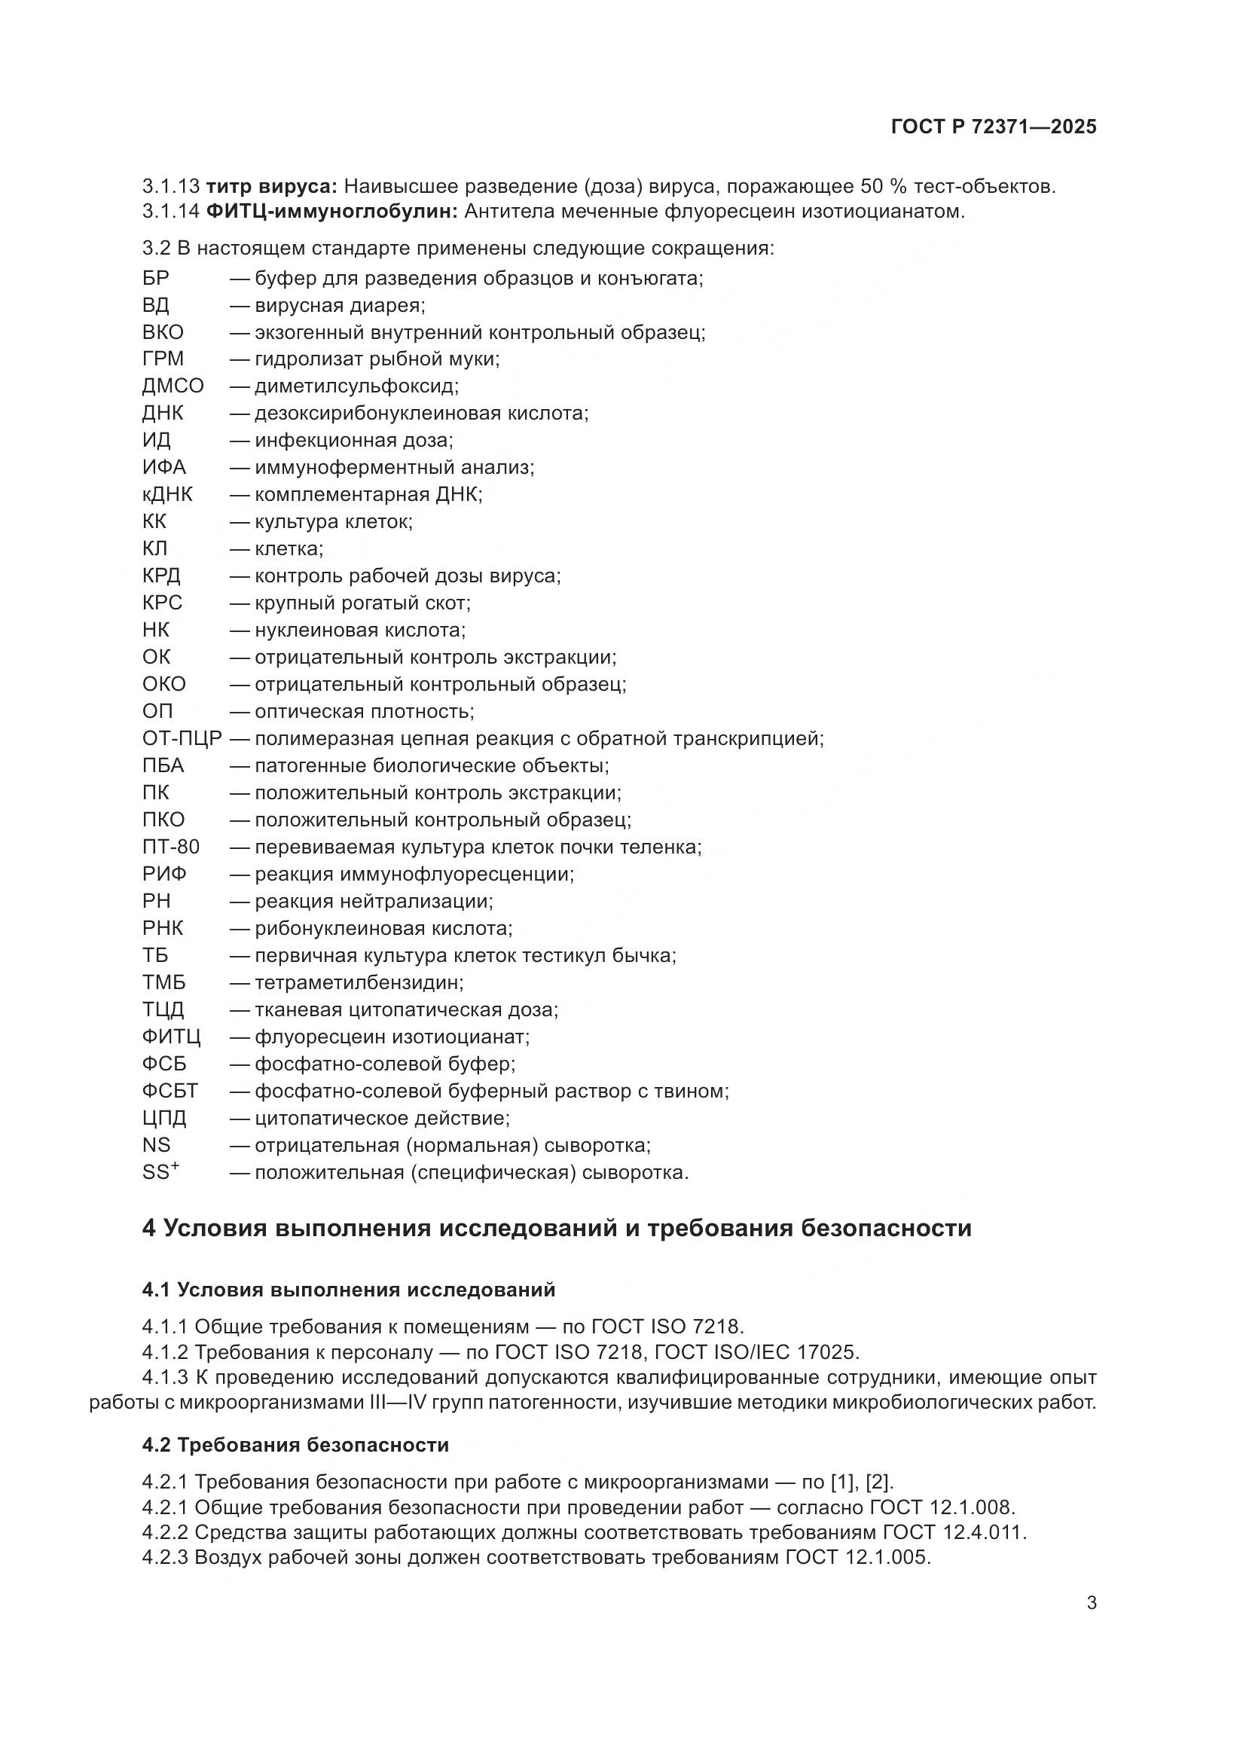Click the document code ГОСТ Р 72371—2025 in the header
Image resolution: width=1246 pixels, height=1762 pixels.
(x=994, y=127)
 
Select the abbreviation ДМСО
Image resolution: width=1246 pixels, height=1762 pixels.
(x=173, y=386)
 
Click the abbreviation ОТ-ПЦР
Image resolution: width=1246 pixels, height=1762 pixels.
(x=182, y=738)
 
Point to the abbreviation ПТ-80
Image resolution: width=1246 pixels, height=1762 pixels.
(x=170, y=847)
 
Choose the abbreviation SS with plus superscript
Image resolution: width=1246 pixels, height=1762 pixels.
(x=160, y=1172)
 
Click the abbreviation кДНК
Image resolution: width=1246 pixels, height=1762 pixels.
(x=166, y=494)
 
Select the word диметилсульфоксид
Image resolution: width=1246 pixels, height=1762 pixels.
(x=356, y=386)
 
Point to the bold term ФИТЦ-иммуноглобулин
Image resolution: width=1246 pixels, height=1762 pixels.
(x=331, y=212)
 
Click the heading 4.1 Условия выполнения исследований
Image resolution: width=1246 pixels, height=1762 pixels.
(x=348, y=1289)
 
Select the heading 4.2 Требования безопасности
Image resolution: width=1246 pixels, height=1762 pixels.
(x=295, y=1445)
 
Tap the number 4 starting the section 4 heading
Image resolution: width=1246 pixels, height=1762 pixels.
(x=149, y=1228)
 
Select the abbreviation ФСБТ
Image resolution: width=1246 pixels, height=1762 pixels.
(x=169, y=1091)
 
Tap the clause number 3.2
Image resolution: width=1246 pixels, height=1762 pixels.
(x=156, y=249)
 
